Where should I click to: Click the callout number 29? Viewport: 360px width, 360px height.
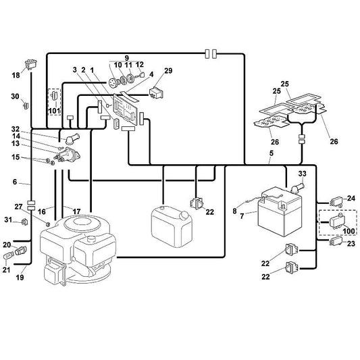pyautogui.click(x=168, y=70)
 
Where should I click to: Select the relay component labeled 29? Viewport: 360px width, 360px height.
pyautogui.click(x=156, y=93)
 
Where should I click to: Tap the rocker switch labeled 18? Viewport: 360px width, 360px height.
pyautogui.click(x=31, y=65)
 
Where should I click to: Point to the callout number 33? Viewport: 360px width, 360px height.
pyautogui.click(x=302, y=174)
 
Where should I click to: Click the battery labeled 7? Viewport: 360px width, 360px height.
pyautogui.click(x=280, y=211)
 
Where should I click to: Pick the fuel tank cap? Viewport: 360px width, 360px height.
pyautogui.click(x=184, y=215)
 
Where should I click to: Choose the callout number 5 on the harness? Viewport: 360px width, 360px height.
pyautogui.click(x=272, y=153)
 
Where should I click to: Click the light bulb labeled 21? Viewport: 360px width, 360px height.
pyautogui.click(x=8, y=256)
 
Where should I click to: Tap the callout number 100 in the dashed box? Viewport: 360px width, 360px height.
pyautogui.click(x=349, y=231)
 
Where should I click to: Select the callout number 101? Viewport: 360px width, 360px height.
pyautogui.click(x=55, y=111)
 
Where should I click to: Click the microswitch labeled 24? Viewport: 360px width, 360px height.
pyautogui.click(x=336, y=202)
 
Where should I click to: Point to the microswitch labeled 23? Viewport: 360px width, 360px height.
pyautogui.click(x=336, y=242)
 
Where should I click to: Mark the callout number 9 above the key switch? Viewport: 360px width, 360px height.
pyautogui.click(x=127, y=58)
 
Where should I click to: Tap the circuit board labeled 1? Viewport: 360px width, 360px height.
pyautogui.click(x=126, y=109)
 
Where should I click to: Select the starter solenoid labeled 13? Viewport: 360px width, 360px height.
pyautogui.click(x=68, y=155)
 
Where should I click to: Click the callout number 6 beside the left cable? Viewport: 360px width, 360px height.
pyautogui.click(x=15, y=182)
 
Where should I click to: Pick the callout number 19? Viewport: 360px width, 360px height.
pyautogui.click(x=20, y=278)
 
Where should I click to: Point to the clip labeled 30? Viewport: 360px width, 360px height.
pyautogui.click(x=26, y=105)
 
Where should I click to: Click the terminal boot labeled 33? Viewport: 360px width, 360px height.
pyautogui.click(x=297, y=187)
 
